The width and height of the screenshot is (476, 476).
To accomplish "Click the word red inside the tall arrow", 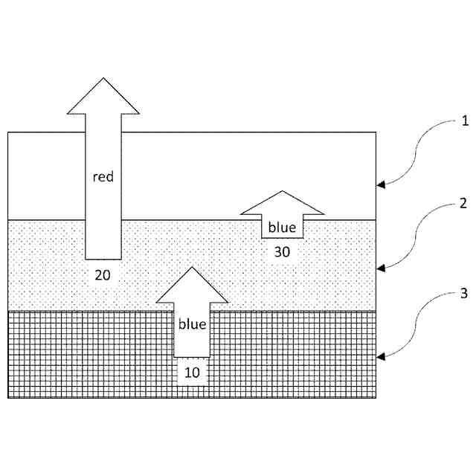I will pos(103,178).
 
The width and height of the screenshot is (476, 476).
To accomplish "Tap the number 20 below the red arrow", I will pos(103,274).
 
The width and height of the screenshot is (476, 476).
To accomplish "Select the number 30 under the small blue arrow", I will pos(282,252).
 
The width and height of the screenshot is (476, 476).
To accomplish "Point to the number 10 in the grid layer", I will pos(192,372).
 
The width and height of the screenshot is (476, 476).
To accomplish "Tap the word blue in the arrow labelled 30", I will pos(282,227).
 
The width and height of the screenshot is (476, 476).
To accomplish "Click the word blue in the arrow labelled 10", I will pos(192,324).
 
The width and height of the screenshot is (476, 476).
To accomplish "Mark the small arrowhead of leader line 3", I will pos(381,358).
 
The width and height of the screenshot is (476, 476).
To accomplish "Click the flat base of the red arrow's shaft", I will pos(103,258).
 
